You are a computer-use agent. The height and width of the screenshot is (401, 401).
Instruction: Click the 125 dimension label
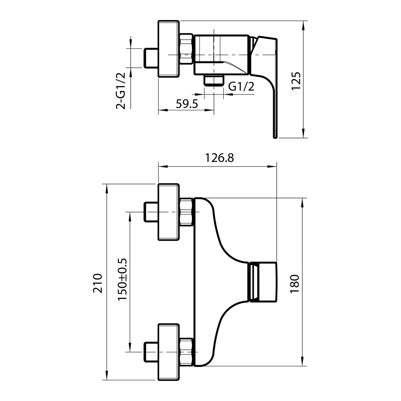(296, 81)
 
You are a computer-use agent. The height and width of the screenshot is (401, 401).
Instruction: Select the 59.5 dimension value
(187, 104)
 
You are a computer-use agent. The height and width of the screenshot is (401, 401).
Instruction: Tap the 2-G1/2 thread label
(121, 91)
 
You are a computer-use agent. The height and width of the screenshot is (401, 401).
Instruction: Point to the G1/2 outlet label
(241, 86)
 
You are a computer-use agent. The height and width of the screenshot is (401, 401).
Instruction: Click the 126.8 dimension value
(219, 158)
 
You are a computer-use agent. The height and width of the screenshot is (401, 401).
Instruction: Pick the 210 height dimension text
(98, 283)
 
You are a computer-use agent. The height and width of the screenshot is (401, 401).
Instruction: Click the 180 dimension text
(295, 284)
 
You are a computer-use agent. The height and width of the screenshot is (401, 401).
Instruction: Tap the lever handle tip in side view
(274, 134)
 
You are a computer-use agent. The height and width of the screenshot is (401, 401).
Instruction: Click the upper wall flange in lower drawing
(169, 212)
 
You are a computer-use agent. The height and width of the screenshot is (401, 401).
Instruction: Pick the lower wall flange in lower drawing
(169, 352)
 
